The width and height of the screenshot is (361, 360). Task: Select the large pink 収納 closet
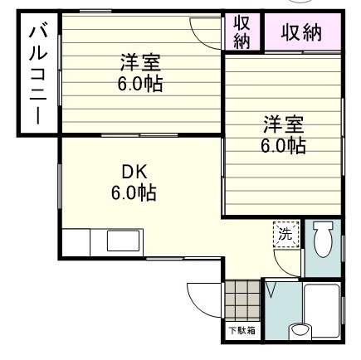pyautogui.click(x=300, y=34)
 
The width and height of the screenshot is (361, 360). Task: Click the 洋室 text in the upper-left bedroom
pyautogui.click(x=139, y=62)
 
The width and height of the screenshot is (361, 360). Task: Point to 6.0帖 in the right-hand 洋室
pyautogui.click(x=284, y=146)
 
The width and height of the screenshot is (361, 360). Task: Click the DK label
pyautogui.click(x=134, y=173)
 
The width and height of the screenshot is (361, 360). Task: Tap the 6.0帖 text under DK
pyautogui.click(x=134, y=193)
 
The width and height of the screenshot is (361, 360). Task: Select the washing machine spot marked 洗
pyautogui.click(x=284, y=234)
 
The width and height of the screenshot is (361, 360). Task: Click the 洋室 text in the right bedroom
pyautogui.click(x=284, y=125)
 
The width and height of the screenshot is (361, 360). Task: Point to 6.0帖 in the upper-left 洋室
pyautogui.click(x=139, y=83)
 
